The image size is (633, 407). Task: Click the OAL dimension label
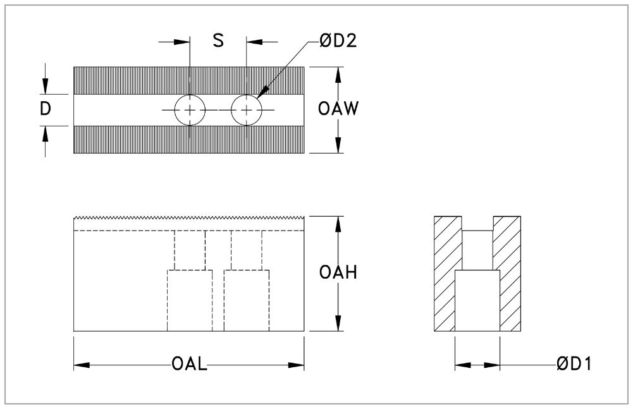[x=189, y=365]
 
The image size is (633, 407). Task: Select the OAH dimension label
[x=339, y=273]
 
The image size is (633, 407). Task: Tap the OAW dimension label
[x=338, y=109]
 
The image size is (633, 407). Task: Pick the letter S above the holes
[x=218, y=41]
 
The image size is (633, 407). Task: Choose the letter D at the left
[x=46, y=109]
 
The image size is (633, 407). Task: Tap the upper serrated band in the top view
[x=189, y=80]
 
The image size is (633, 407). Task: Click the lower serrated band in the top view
[x=189, y=139]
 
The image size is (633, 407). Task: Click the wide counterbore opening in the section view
[x=477, y=300]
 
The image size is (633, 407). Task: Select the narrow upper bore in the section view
[x=477, y=250]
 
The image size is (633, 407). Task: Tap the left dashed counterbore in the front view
[x=190, y=300]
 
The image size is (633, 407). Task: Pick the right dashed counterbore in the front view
[x=247, y=300]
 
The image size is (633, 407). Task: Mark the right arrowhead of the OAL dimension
[x=297, y=365]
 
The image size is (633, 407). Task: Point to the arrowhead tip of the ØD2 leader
[x=258, y=97]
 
